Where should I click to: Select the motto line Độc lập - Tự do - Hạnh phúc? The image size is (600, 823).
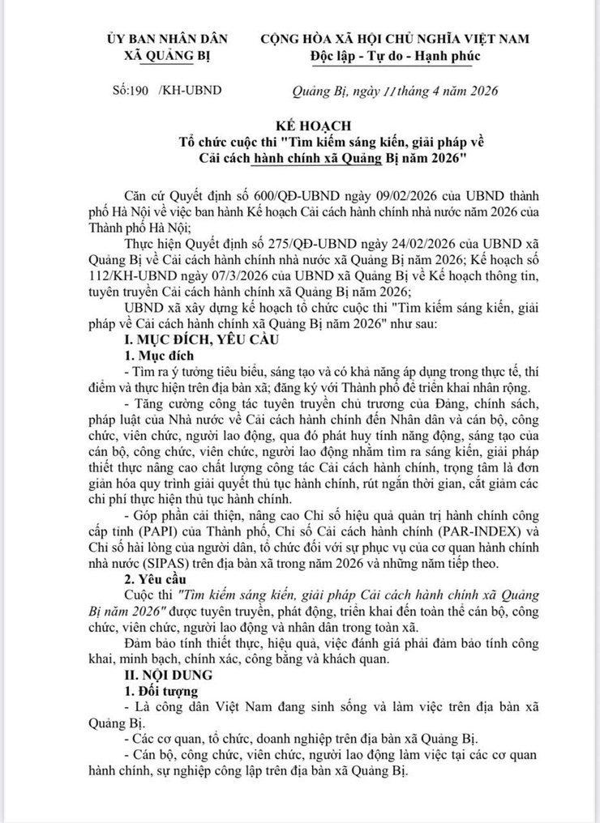tap(395, 56)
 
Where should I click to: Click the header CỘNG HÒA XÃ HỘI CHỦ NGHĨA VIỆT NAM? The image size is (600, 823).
tap(394, 39)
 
